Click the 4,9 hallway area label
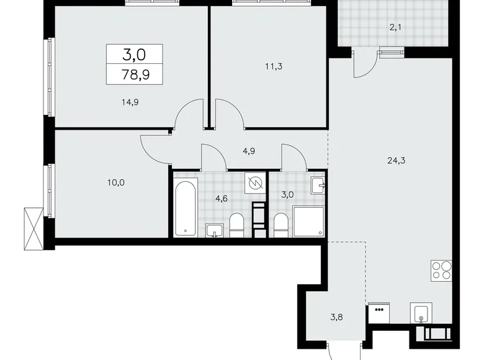pos(248,149)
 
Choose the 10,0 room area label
pos(115,182)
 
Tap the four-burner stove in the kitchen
pos(441,271)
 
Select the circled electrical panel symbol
pos(254,183)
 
